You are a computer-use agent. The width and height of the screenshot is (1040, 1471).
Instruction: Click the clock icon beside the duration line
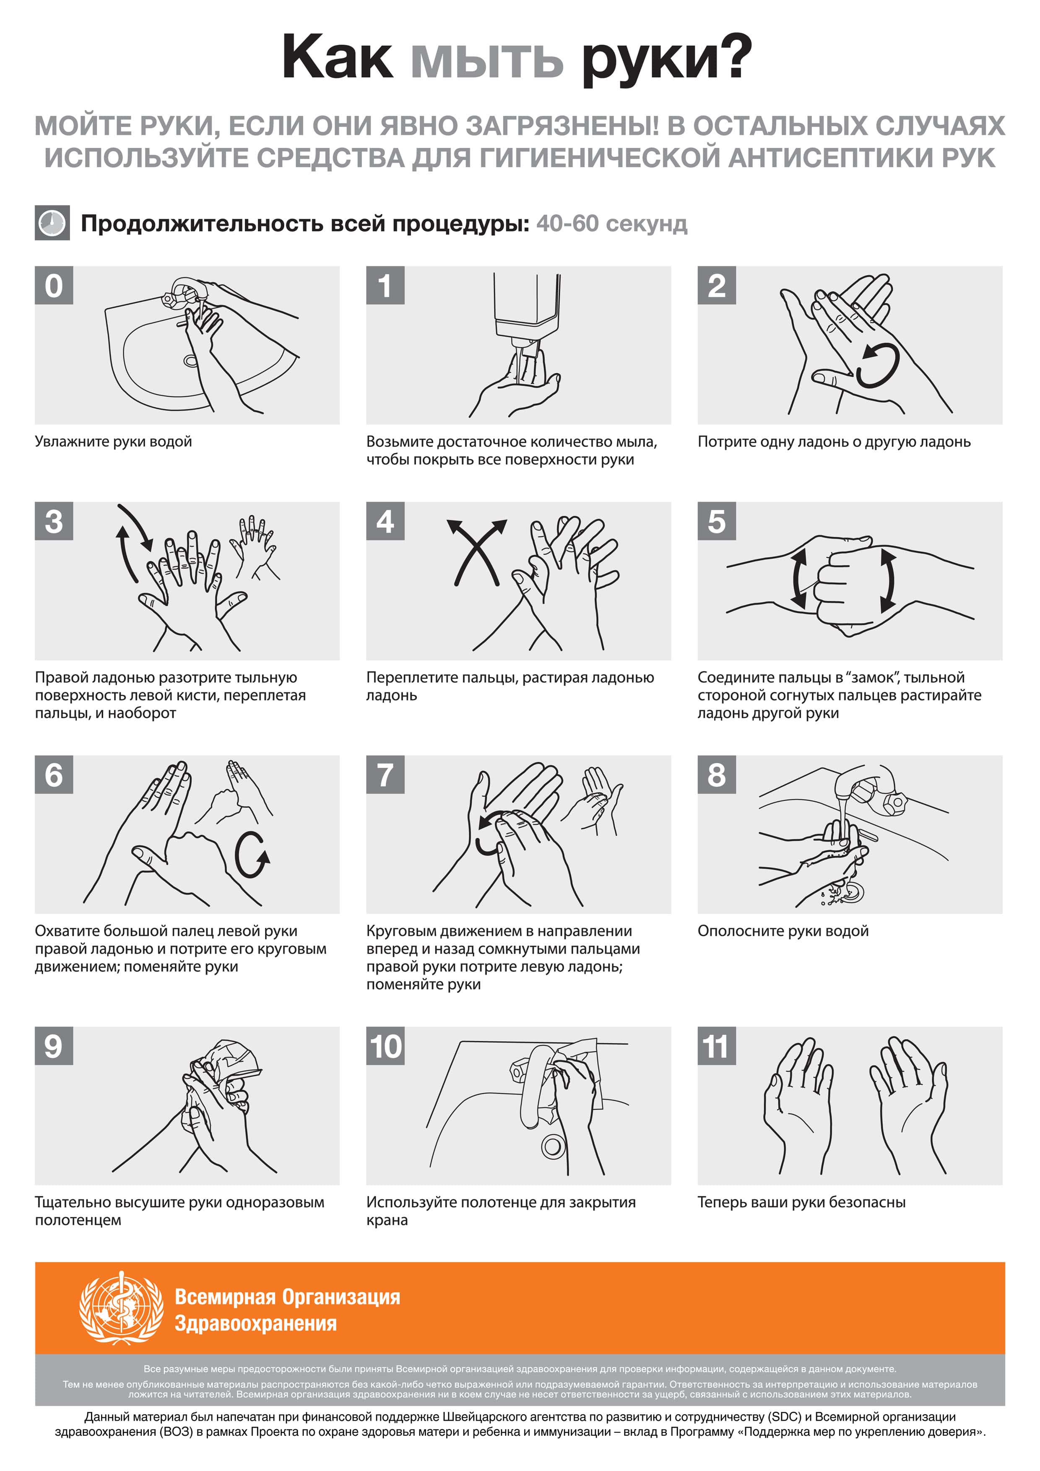(52, 223)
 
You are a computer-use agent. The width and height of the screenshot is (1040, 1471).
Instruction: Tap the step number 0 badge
(54, 285)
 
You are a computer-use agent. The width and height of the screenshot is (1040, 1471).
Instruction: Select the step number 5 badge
(716, 521)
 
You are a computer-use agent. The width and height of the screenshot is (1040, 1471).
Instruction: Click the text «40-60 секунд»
(612, 224)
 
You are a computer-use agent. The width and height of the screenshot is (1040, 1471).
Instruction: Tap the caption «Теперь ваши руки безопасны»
(802, 1202)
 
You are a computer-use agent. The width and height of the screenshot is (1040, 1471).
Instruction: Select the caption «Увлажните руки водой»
(113, 442)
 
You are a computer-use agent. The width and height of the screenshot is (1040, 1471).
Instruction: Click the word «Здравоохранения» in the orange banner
(256, 1324)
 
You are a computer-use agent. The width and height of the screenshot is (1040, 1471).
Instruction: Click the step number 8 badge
(716, 774)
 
